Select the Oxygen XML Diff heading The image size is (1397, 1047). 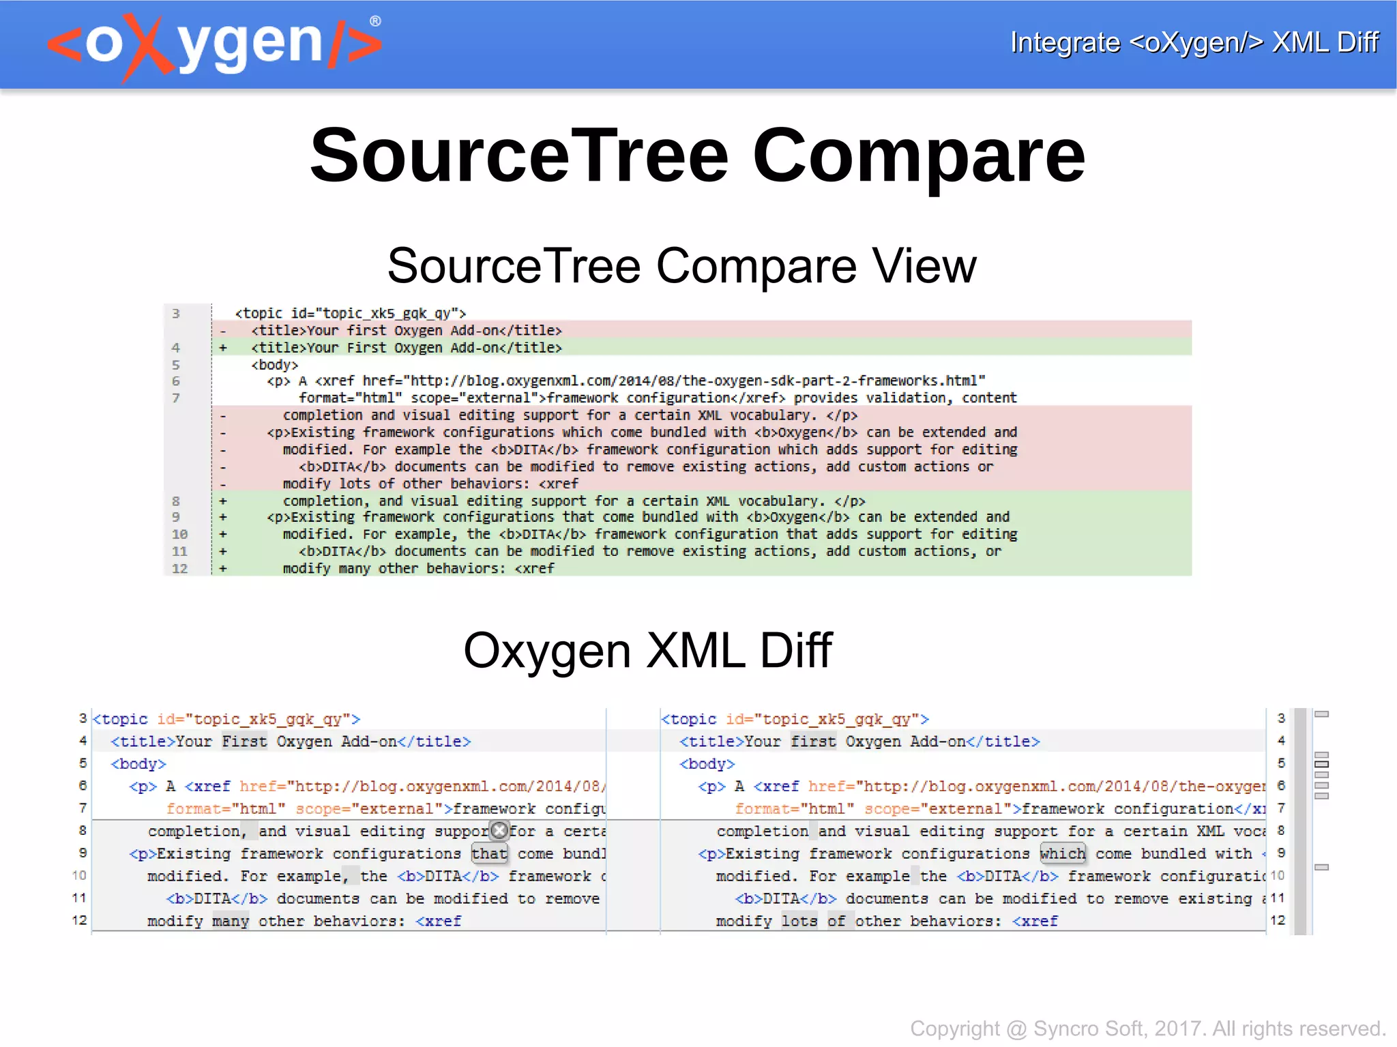click(x=647, y=650)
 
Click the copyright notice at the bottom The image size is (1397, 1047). click(x=1147, y=1028)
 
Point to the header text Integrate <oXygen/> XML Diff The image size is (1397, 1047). click(x=1194, y=42)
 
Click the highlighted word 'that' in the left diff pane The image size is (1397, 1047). click(x=489, y=853)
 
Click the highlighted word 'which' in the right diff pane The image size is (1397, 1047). click(x=1062, y=853)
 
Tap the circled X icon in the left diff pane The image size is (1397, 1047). click(x=500, y=830)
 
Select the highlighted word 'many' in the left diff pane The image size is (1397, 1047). click(x=230, y=921)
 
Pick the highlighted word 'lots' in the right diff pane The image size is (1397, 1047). click(x=799, y=921)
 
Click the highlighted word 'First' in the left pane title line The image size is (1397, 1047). click(x=244, y=741)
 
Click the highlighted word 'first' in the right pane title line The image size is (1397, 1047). click(x=813, y=741)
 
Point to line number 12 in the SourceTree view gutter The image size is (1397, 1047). click(x=179, y=568)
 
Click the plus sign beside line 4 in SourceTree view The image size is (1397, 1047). click(x=223, y=348)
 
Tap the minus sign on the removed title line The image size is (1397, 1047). click(x=223, y=331)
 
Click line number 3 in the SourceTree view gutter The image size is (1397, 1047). click(x=176, y=314)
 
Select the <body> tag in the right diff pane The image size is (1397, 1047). click(x=707, y=764)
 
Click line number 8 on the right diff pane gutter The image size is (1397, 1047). click(x=1281, y=830)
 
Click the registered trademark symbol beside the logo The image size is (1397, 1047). click(x=375, y=21)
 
